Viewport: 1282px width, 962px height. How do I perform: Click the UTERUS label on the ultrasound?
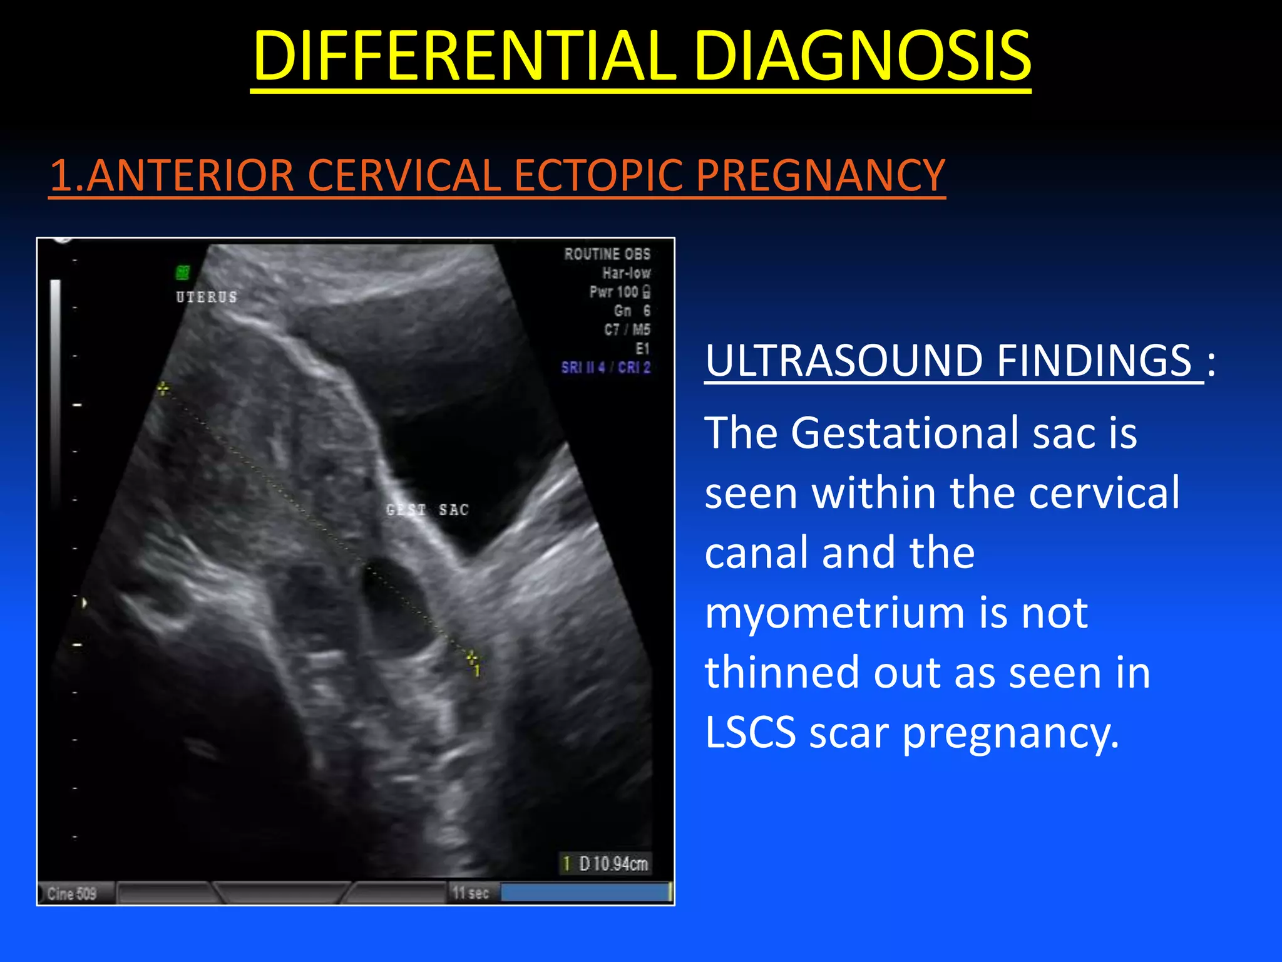coord(207,297)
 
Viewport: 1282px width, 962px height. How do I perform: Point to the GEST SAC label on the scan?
coord(428,510)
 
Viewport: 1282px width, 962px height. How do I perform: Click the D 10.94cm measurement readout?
coord(606,864)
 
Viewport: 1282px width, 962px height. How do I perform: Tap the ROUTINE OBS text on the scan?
coord(607,254)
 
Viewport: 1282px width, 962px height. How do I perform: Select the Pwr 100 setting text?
coord(619,292)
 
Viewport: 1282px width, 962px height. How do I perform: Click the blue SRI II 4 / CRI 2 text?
coord(605,368)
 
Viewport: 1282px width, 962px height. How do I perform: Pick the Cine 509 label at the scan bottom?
coord(72,894)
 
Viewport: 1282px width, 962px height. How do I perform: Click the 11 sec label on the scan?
coord(470,893)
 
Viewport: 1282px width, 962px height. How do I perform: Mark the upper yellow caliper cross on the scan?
coord(163,389)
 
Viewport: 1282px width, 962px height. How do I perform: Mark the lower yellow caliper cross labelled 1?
coord(473,657)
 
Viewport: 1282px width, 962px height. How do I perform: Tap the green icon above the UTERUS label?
coord(183,272)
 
